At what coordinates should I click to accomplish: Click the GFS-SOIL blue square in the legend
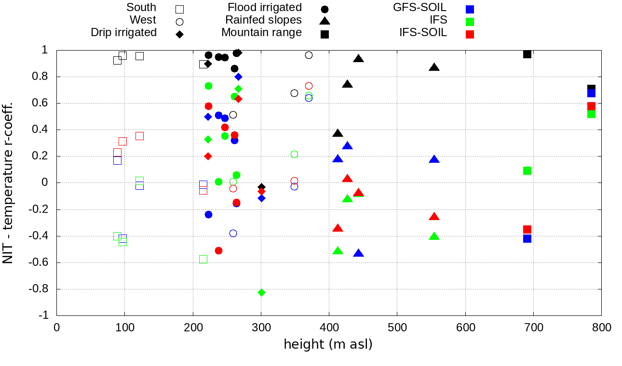(470, 9)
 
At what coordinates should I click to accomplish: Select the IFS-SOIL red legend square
(470, 34)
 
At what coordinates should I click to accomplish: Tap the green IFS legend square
(470, 22)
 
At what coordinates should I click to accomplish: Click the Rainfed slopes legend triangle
(325, 21)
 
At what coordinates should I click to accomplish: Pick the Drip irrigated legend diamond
(179, 34)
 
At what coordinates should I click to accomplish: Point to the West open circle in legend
(180, 22)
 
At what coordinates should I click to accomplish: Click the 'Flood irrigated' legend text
(265, 8)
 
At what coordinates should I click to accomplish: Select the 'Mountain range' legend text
(261, 33)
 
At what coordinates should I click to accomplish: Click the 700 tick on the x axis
(533, 327)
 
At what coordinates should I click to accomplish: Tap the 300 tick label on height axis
(261, 327)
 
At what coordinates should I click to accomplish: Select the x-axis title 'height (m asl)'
(328, 344)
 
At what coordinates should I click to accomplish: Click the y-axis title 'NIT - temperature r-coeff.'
(8, 183)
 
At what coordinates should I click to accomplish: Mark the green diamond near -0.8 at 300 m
(261, 292)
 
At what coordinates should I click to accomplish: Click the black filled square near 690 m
(527, 54)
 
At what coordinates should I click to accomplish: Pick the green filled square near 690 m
(527, 170)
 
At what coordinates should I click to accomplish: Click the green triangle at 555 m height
(434, 236)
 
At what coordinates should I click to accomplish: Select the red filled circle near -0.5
(218, 250)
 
